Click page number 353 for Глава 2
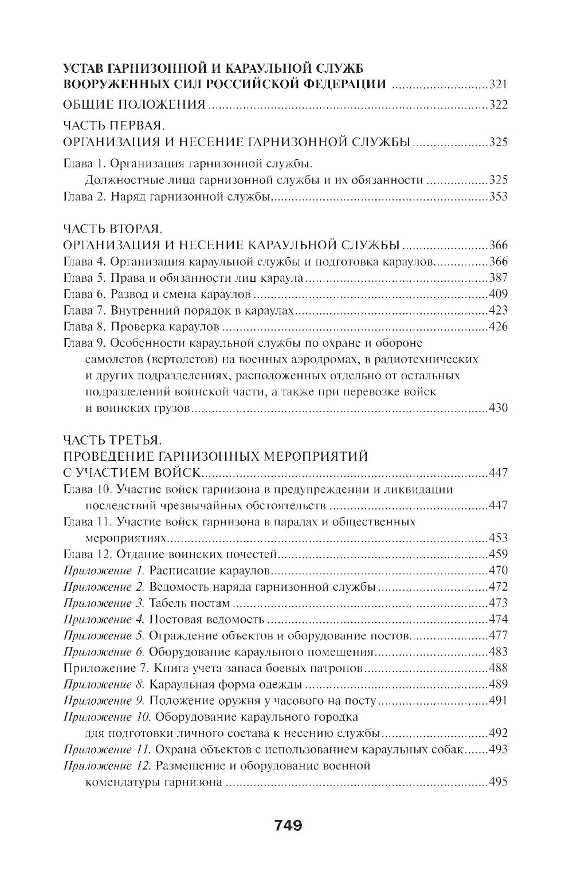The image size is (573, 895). [x=498, y=197]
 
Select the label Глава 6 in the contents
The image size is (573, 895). [x=84, y=295]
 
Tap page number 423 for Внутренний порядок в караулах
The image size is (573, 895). [x=498, y=311]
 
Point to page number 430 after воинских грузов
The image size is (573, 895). [x=498, y=409]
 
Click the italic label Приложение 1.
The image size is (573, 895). [x=105, y=571]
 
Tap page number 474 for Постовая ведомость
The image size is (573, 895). [x=498, y=619]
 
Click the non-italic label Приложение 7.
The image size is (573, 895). [x=105, y=668]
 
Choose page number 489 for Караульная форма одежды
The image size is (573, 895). [x=498, y=684]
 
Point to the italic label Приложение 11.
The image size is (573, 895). [x=107, y=749]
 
